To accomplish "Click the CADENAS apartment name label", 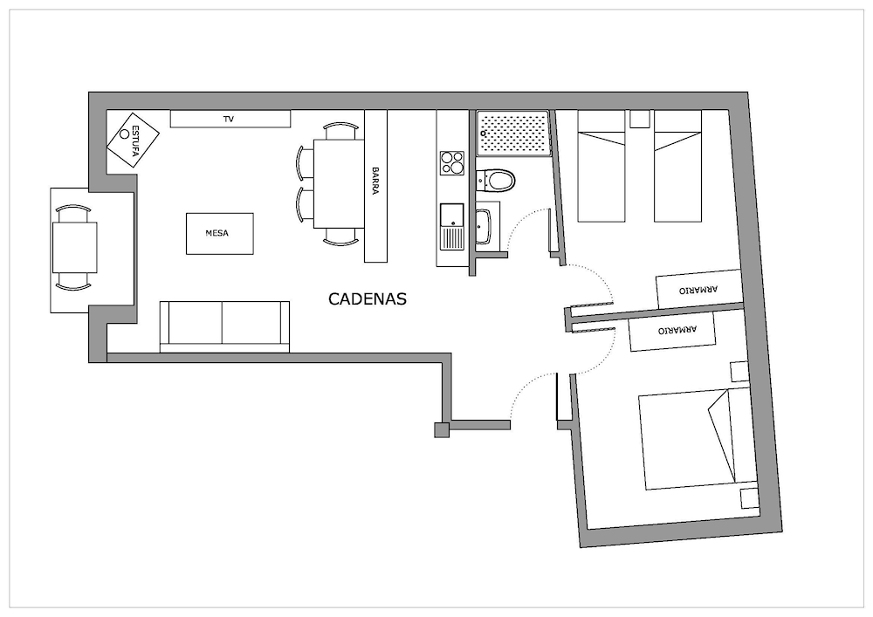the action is coord(368,299).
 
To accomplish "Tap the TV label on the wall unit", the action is coord(228,119).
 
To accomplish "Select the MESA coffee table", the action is coord(219,234).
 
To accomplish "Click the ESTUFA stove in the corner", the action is coord(133,141).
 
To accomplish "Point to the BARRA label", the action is coord(375,181).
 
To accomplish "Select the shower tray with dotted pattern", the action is coord(512,133).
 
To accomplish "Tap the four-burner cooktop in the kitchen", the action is coord(452,163).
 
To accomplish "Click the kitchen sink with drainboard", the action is coord(452,226).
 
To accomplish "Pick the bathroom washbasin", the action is coord(484,226).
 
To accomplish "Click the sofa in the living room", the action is coord(224,326).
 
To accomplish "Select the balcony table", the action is coord(74,247).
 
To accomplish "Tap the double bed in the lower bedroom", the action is coord(698,440).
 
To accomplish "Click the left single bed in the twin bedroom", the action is coord(601,166).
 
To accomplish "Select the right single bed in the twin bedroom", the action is coord(677,166).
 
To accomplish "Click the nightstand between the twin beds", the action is coord(640,119).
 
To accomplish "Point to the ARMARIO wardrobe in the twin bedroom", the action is coord(699,290).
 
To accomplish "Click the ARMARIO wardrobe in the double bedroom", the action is coord(672,331).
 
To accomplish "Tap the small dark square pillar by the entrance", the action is coord(442,429).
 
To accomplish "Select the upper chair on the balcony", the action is coord(73,213).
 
